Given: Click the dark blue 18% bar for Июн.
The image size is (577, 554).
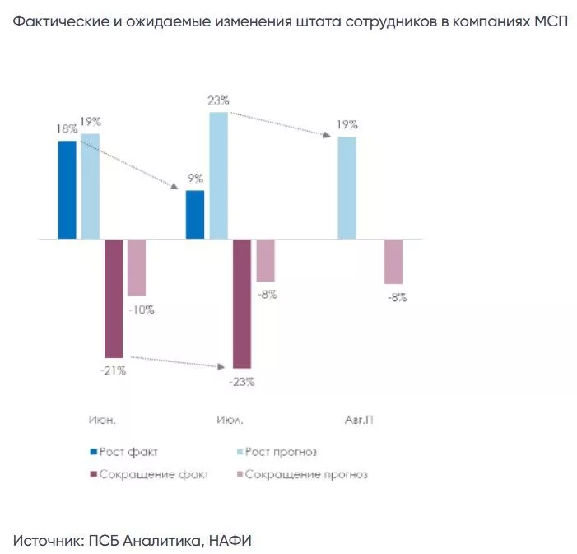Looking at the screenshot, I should pos(67,190).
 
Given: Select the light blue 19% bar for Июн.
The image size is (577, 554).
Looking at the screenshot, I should pos(91,186).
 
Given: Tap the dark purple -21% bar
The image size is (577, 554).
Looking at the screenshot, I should pos(114,298).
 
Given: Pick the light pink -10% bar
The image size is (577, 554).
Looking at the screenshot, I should pos(137,268).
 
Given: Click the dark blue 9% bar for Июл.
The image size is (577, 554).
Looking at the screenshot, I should pos(195,215).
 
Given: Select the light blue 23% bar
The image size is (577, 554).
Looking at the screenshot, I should pos(218,175).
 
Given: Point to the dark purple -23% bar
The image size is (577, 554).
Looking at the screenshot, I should pos(242,303).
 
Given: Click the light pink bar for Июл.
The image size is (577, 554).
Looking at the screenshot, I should pos(265,261).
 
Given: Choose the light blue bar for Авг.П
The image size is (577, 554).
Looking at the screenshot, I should pos(347,188).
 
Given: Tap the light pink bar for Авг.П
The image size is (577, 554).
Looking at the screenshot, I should pos(393,262).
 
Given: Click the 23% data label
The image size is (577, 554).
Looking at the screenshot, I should pos(219,101).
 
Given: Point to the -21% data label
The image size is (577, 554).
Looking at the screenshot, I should pos(113,370).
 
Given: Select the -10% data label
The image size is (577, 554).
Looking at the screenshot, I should pos(141,310).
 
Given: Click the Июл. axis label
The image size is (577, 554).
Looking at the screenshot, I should pos(230,420).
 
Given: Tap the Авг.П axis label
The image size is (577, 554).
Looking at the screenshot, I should pos(359,420).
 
